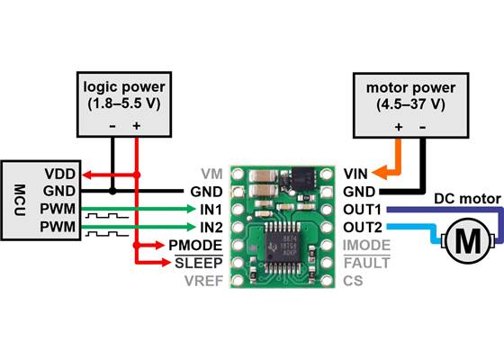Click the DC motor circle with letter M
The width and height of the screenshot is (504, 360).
467,240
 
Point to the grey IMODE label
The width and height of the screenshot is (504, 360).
367,244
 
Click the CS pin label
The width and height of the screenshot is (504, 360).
353,280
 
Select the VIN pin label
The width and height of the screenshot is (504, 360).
355,173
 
